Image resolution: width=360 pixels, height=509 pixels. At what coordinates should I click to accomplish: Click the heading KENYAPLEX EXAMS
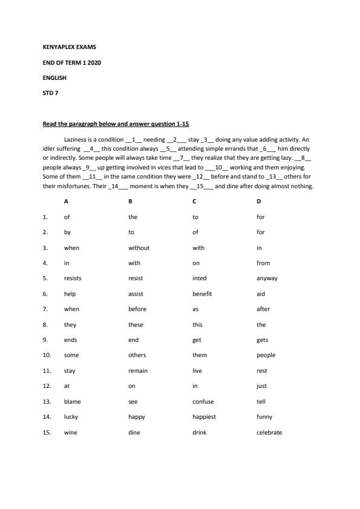69,47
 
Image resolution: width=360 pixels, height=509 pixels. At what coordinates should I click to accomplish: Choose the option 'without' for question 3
139,248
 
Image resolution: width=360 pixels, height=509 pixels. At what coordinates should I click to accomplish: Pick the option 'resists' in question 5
73,278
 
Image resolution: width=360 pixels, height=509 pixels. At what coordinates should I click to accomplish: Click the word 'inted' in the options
199,278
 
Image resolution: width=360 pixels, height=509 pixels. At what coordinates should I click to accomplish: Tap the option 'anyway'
267,278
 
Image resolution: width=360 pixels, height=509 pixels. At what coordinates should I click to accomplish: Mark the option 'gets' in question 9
262,340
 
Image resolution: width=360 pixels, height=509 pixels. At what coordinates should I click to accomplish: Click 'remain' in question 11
138,370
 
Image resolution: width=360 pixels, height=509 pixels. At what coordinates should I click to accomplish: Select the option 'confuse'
203,401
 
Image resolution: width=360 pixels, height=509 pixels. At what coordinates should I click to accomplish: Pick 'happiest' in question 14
204,416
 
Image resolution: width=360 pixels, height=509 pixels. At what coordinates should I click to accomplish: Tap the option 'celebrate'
269,432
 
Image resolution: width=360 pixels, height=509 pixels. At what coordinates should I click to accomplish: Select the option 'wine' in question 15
70,432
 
